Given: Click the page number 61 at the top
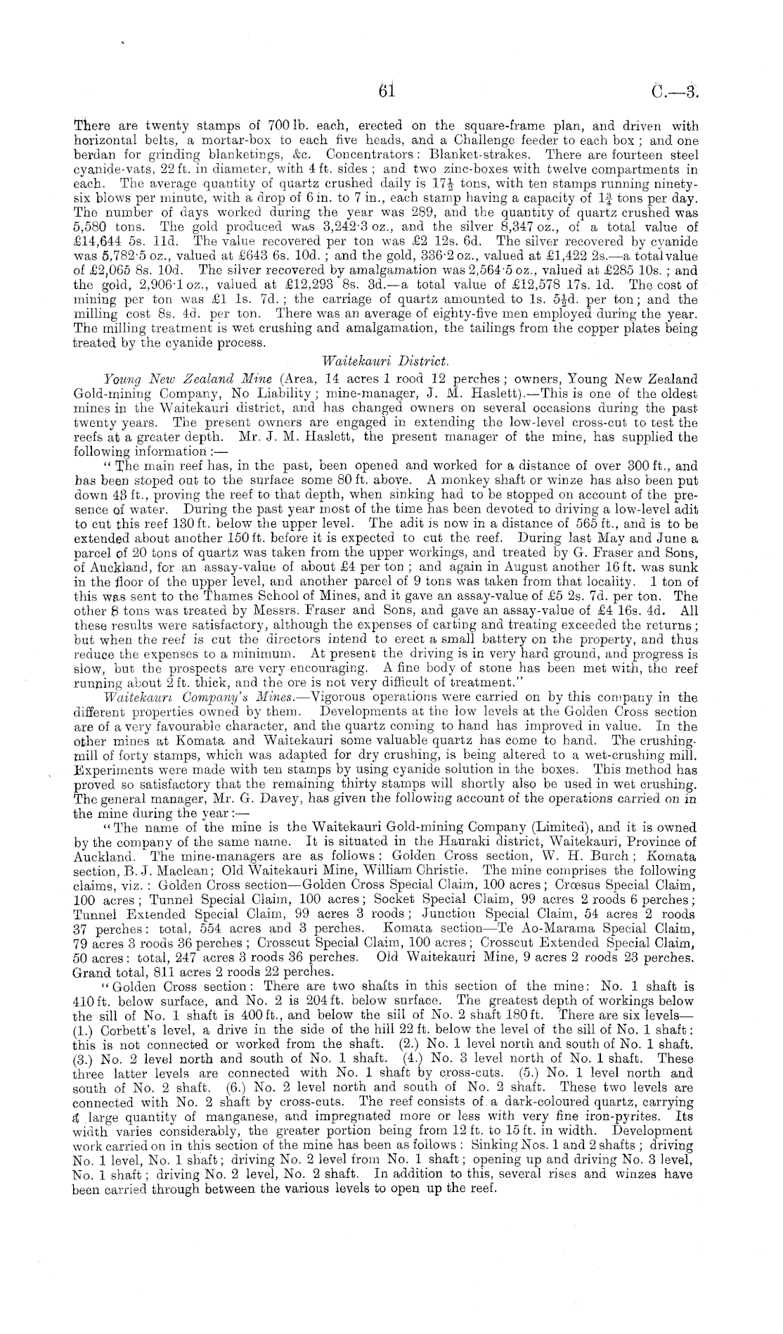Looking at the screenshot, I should point(387,91).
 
